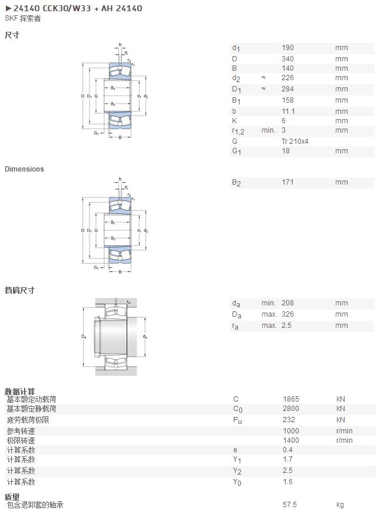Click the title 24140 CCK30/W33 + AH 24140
coord(78,8)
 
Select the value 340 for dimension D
coord(287,59)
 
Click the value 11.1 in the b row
coord(288,111)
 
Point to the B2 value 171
coord(287,182)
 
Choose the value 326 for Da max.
coord(287,314)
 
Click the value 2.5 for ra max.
coord(286,325)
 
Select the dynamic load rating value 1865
coord(291,399)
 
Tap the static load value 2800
coord(291,408)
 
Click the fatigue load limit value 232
coord(289,419)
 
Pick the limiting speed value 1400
coord(291,440)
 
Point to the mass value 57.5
coord(290,505)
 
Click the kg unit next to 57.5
coord(340,505)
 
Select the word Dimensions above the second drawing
coord(24,169)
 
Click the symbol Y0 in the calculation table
coord(237,482)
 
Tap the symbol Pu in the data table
coord(237,420)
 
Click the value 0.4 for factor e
coord(287,449)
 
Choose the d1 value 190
coord(287,47)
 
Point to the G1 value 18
coord(286,151)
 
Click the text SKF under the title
coord(11,18)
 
